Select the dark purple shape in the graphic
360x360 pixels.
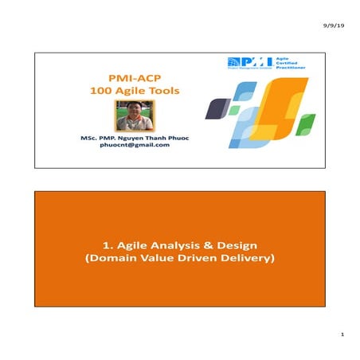214,108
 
